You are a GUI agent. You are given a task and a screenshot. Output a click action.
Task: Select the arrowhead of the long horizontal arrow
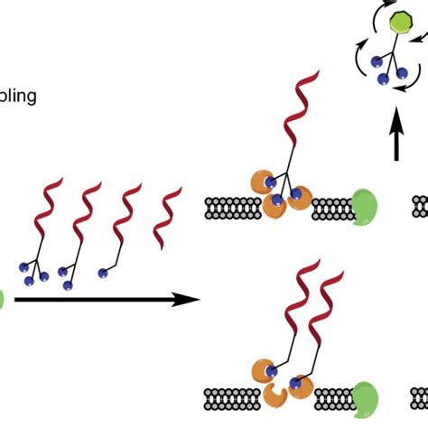point(187,299)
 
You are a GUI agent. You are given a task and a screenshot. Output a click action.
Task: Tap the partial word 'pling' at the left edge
point(18,95)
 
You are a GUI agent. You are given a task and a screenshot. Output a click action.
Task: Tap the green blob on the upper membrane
point(366,206)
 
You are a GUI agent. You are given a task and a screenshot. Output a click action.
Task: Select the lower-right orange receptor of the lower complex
point(300,390)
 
